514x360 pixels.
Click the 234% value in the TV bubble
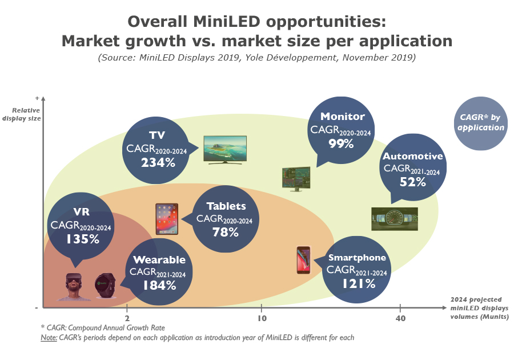pyautogui.click(x=158, y=162)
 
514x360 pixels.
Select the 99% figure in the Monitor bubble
pyautogui.click(x=341, y=144)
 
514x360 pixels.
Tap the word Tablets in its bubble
pyautogui.click(x=226, y=206)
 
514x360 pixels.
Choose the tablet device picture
pyautogui.click(x=167, y=219)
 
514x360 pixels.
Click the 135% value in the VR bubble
pyautogui.click(x=83, y=239)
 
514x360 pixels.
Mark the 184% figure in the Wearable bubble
pyautogui.click(x=159, y=284)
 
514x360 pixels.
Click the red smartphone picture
pyautogui.click(x=303, y=260)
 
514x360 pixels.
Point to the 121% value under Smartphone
pyautogui.click(x=359, y=282)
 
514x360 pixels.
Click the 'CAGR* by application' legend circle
pyautogui.click(x=481, y=122)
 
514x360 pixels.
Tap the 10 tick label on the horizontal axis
pyautogui.click(x=262, y=318)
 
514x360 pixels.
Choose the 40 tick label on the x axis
pyautogui.click(x=400, y=318)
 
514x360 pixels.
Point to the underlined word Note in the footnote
pyautogui.click(x=49, y=337)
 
